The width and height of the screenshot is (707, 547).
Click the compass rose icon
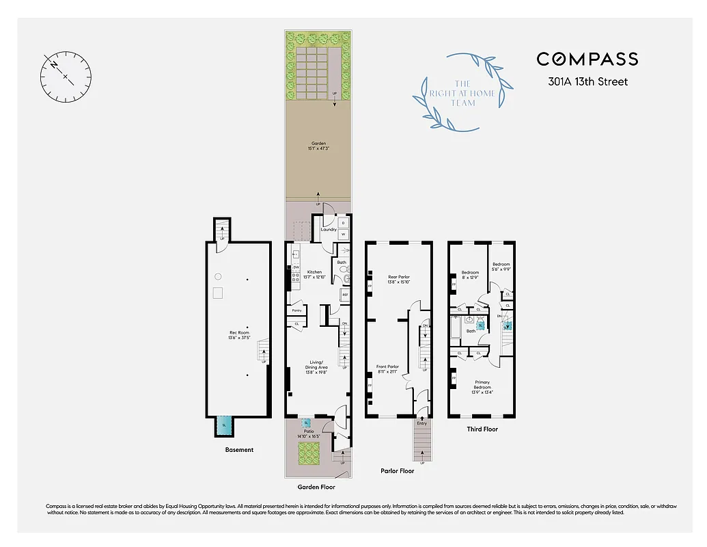click(66, 76)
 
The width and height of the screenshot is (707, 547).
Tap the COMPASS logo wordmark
click(587, 59)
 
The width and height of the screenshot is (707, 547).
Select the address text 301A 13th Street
click(587, 82)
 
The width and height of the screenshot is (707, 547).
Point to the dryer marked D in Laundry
click(343, 222)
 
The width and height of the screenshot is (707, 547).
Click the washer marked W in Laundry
click(343, 235)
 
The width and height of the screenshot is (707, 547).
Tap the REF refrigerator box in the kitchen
click(345, 295)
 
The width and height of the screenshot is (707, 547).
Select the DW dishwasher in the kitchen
click(296, 267)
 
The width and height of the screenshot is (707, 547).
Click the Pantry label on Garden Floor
click(296, 310)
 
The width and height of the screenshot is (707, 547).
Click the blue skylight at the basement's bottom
click(223, 425)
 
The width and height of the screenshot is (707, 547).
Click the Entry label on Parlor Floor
click(422, 423)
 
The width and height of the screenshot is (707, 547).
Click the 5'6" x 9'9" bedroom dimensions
click(501, 269)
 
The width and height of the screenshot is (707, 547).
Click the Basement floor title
click(239, 450)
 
